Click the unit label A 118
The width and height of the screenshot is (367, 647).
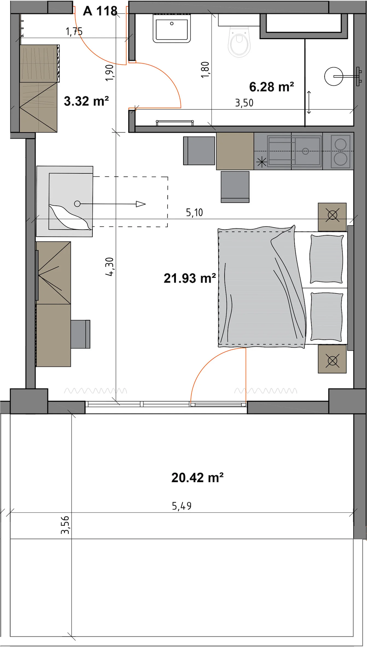(100, 11)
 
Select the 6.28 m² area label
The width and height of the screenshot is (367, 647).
(272, 87)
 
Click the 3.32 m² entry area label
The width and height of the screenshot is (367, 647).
(86, 101)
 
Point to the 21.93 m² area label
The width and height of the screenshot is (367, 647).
(190, 278)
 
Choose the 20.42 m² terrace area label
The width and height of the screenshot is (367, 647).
(197, 478)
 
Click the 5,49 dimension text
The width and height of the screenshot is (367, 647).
(182, 506)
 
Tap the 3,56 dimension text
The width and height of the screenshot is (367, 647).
(65, 525)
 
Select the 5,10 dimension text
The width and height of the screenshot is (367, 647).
(194, 212)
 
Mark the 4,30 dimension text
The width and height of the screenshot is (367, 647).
(110, 267)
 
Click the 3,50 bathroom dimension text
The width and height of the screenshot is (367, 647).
(244, 103)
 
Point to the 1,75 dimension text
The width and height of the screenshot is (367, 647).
(74, 32)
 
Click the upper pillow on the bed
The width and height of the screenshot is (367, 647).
(327, 259)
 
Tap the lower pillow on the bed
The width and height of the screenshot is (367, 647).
(327, 317)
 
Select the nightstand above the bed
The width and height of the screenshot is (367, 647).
(332, 217)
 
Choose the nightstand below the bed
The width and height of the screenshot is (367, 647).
(332, 359)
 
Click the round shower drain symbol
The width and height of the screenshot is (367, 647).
(334, 76)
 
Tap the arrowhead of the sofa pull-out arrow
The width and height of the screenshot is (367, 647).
(141, 204)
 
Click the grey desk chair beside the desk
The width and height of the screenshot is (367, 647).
(80, 334)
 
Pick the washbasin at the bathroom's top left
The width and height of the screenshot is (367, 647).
(172, 28)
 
